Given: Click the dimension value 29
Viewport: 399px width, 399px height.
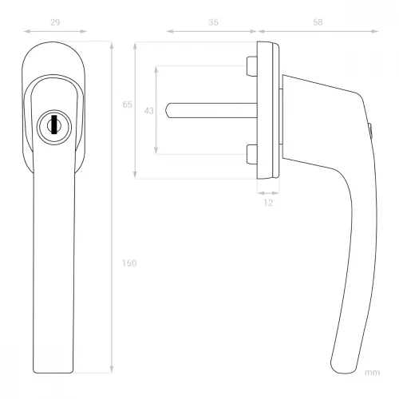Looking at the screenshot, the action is [55, 22].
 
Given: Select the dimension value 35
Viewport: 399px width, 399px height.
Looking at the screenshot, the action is [213, 22].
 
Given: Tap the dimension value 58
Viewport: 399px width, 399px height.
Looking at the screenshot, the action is [318, 22].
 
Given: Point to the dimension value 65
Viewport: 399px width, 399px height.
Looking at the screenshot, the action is [127, 105].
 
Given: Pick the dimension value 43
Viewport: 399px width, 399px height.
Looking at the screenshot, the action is [148, 111].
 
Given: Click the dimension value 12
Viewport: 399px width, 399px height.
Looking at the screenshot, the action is [268, 203].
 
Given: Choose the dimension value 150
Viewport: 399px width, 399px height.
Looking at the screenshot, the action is [129, 263].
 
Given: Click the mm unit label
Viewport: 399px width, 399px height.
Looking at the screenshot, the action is [372, 373].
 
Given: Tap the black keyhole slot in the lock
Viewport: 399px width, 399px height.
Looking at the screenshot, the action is [54, 124].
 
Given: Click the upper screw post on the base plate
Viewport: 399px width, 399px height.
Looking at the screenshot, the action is [252, 66].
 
